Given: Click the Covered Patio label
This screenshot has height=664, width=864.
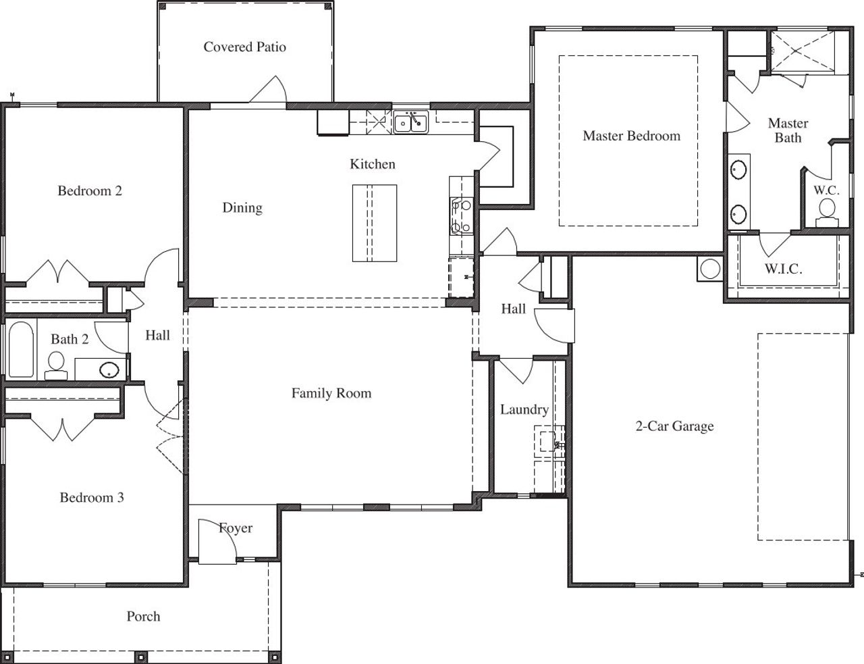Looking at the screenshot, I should (x=244, y=47).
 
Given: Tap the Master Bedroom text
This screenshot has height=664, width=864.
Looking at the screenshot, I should (x=631, y=136).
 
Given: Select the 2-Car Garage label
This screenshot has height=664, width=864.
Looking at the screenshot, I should (x=674, y=426).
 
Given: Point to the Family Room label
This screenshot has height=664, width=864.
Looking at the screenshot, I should (x=331, y=393).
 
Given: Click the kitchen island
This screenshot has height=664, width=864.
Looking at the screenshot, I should (x=374, y=223).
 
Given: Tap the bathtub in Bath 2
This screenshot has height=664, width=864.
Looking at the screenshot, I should (x=20, y=349).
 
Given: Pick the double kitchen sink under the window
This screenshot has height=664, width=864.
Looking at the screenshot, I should (x=410, y=123).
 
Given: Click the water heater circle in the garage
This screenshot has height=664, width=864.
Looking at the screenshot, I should (x=710, y=269).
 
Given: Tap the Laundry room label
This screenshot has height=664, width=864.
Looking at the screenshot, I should (x=524, y=409).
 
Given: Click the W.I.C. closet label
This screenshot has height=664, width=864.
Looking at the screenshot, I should (x=783, y=269).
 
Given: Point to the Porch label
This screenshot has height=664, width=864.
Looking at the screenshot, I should (x=143, y=616).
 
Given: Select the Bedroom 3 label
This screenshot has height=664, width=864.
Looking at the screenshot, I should (x=92, y=498).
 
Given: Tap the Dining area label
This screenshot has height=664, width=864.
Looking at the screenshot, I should (x=242, y=208).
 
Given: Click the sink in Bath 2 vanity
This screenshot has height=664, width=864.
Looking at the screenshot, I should (x=109, y=369).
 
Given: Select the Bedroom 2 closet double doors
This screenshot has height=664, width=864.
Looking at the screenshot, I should (x=59, y=272).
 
